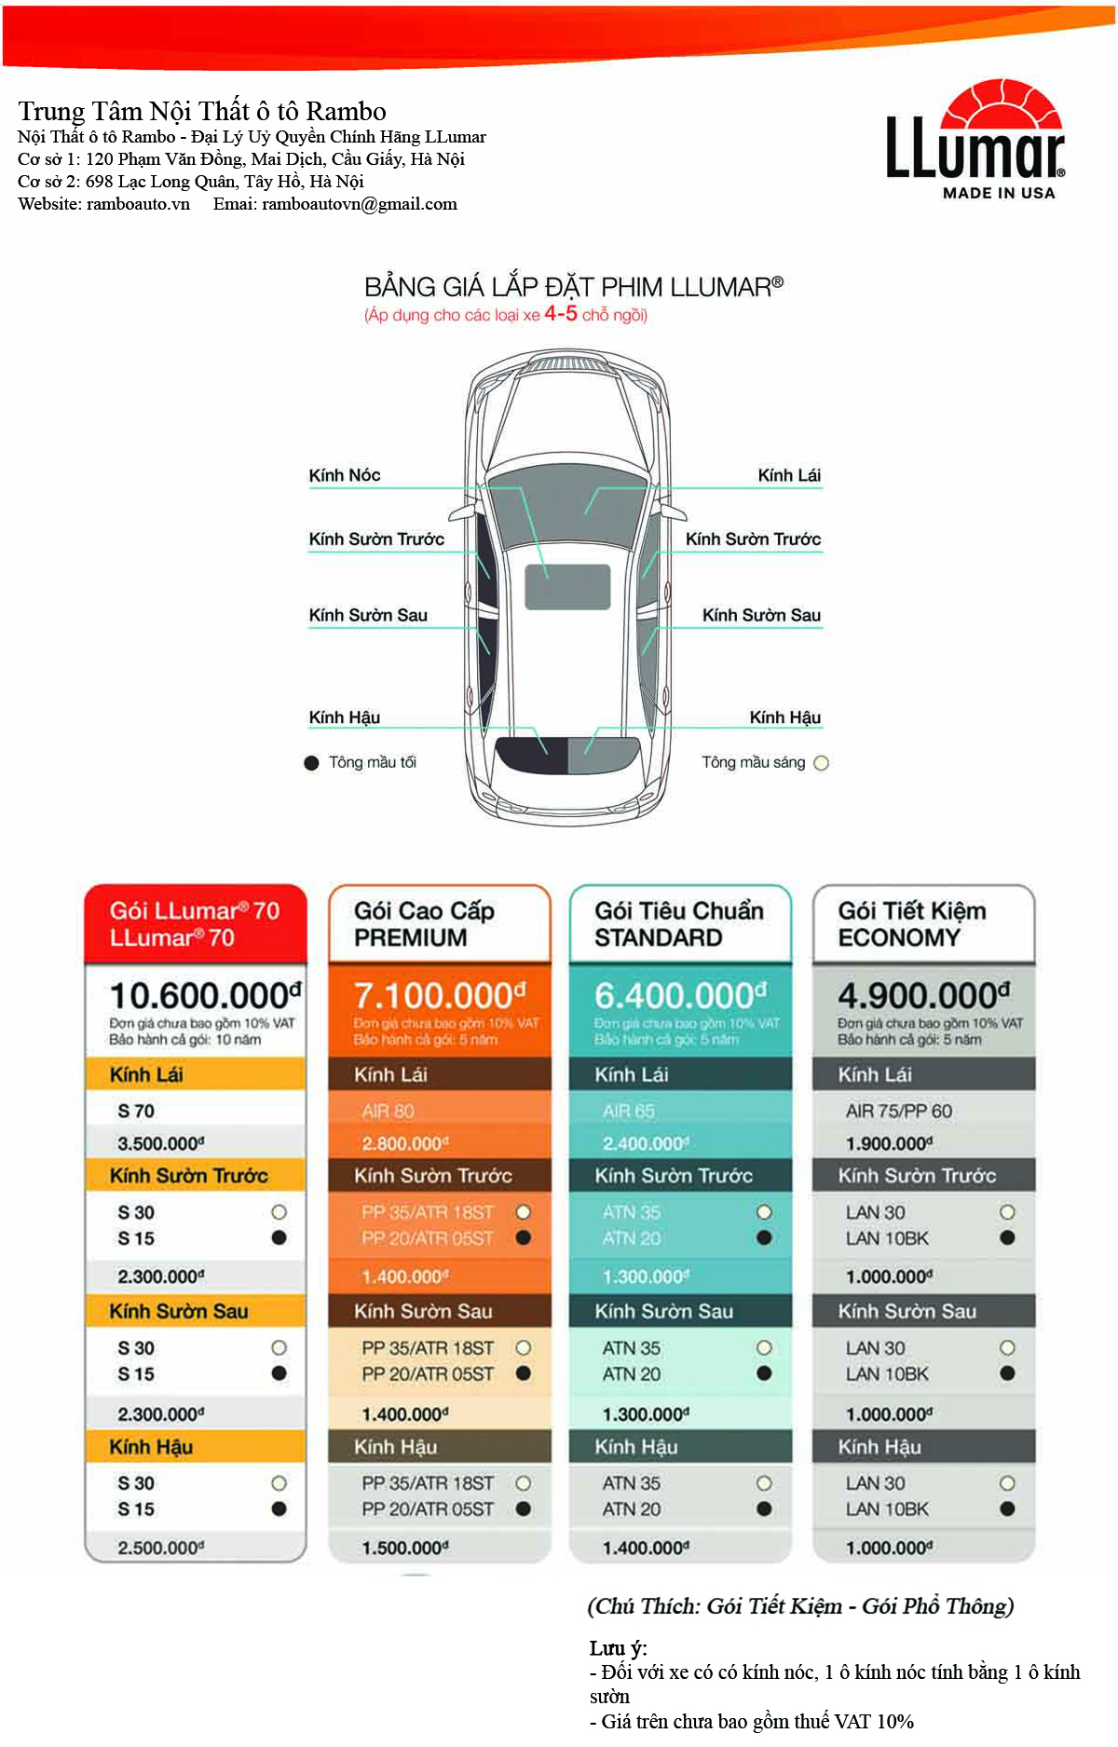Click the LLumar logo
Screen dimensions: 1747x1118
pos(975,140)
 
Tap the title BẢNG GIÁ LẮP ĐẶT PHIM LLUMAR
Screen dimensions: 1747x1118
pos(572,287)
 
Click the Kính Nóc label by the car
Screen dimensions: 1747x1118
pos(345,475)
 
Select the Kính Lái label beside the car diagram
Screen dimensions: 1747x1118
pos(788,475)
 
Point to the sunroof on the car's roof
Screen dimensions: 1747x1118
pos(567,587)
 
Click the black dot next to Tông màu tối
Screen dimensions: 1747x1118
pos(312,763)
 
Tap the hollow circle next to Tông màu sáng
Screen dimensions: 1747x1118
pos(821,763)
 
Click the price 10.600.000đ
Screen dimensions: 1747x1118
pos(205,995)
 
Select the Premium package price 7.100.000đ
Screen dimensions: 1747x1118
pos(439,995)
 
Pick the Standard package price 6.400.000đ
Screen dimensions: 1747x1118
pos(680,995)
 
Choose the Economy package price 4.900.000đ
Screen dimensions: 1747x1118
pos(922,995)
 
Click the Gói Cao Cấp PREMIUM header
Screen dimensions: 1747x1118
pos(424,923)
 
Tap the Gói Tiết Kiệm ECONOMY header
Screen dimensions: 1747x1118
pos(911,923)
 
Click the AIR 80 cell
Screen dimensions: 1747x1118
pos(388,1111)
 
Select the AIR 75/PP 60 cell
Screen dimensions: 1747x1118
pos(898,1111)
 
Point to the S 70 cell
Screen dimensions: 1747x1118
pos(136,1111)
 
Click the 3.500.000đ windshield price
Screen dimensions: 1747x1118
pos(160,1143)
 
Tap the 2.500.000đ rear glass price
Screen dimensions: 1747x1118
pos(160,1548)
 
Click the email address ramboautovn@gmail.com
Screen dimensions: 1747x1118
pos(360,204)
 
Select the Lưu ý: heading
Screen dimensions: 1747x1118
pos(618,1647)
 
